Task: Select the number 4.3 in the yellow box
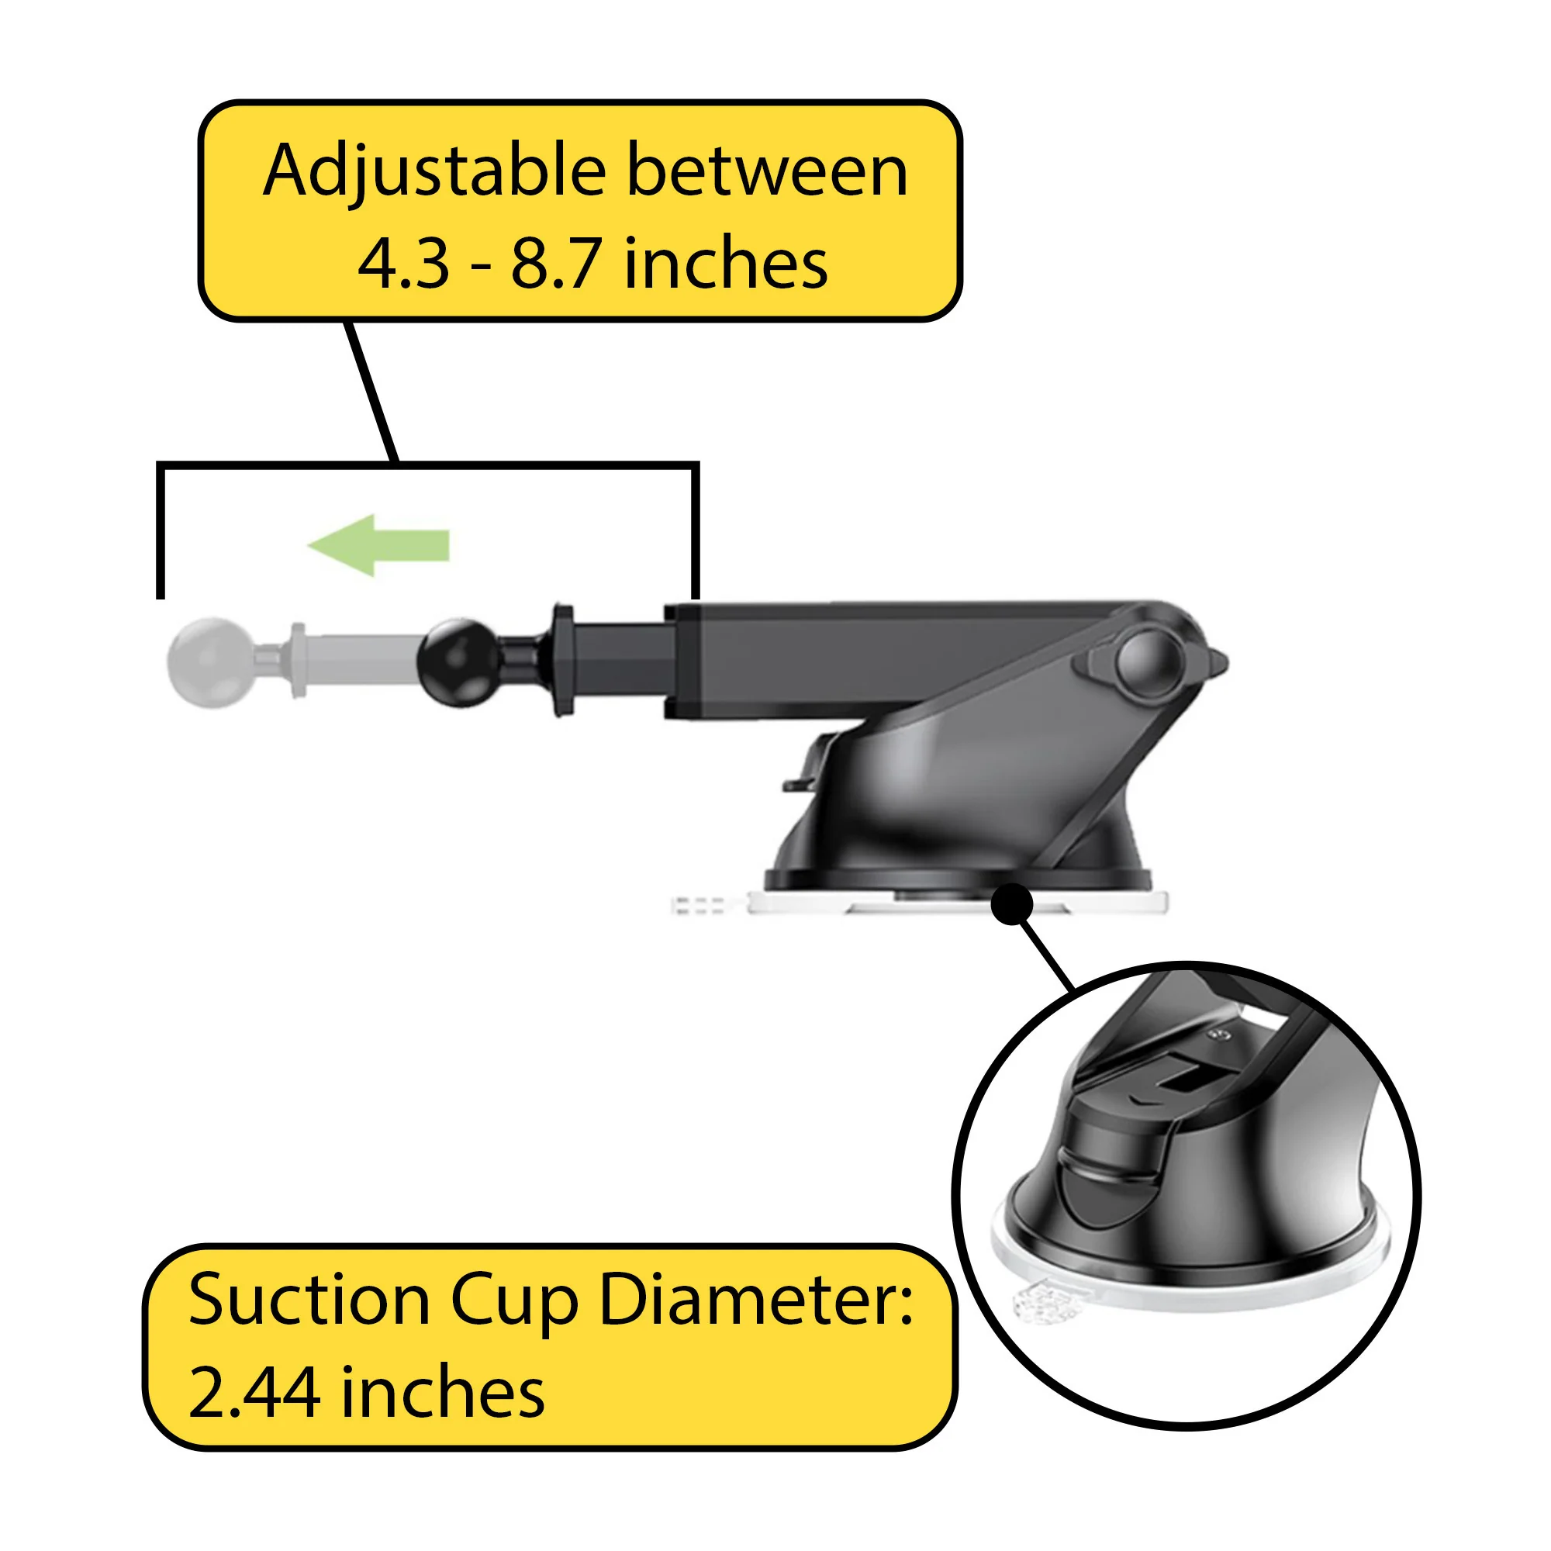[404, 264]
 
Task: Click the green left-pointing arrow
[378, 546]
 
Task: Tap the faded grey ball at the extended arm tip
[211, 662]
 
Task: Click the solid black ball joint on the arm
[458, 662]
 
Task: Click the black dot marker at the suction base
[1012, 905]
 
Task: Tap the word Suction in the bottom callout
[309, 1300]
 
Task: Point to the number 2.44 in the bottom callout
[254, 1393]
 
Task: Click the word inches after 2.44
[443, 1393]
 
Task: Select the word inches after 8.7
[725, 264]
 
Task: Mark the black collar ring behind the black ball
[563, 661]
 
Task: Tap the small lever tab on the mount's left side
[803, 782]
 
